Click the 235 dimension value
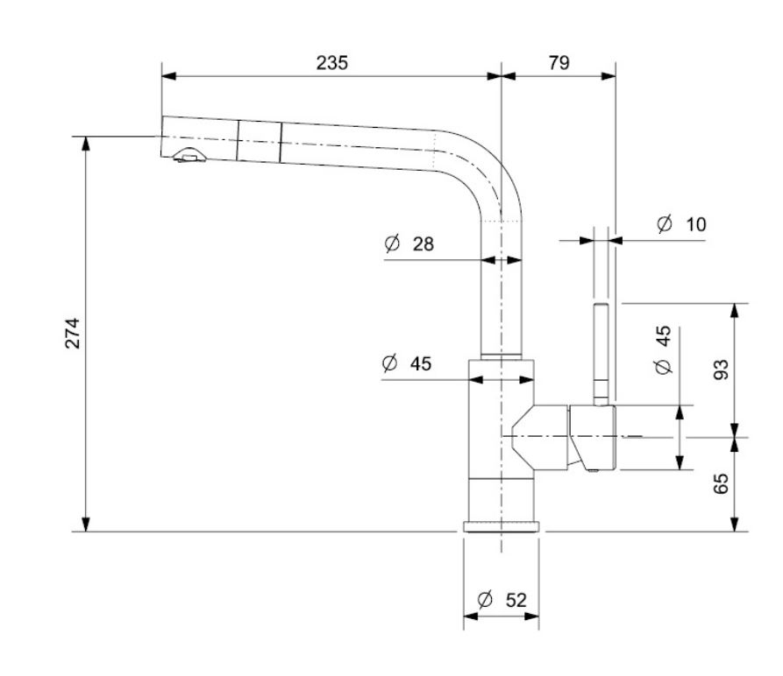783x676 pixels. (x=332, y=63)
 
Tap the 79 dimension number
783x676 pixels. (x=559, y=63)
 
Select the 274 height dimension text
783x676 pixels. (x=73, y=333)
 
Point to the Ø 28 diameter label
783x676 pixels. (x=409, y=243)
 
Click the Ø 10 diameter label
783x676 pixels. (x=681, y=224)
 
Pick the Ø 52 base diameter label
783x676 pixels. (x=502, y=600)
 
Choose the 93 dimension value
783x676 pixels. (x=721, y=370)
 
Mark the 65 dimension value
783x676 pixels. (x=721, y=483)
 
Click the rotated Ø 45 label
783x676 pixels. (x=663, y=350)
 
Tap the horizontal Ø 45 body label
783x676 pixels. (x=407, y=363)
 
